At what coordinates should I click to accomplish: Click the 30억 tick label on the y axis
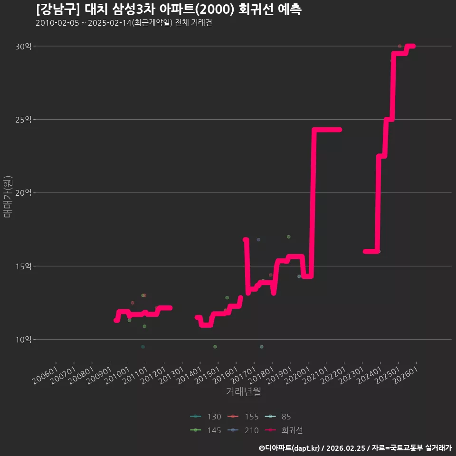coord(23,46)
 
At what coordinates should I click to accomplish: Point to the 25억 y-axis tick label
coord(23,120)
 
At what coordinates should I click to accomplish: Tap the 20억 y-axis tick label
coord(23,193)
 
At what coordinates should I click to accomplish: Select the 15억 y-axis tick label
coord(23,266)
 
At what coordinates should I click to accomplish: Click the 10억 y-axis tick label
coord(23,339)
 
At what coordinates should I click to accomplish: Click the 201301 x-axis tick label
coord(171,375)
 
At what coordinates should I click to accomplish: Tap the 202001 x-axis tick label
coord(297,375)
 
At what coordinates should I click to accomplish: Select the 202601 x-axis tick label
coord(406,375)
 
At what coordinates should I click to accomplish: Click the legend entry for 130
coord(206,417)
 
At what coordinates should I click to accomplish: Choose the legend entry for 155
coord(243,417)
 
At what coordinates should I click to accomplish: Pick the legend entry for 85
coord(278,417)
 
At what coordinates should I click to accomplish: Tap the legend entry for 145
coord(206,430)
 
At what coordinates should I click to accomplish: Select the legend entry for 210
coord(243,430)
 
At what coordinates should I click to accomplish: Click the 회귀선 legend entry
coord(284,430)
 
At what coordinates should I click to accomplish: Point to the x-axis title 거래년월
coord(243,391)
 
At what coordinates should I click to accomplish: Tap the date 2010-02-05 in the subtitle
coord(57,23)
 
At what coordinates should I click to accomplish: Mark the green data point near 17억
coord(288,237)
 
